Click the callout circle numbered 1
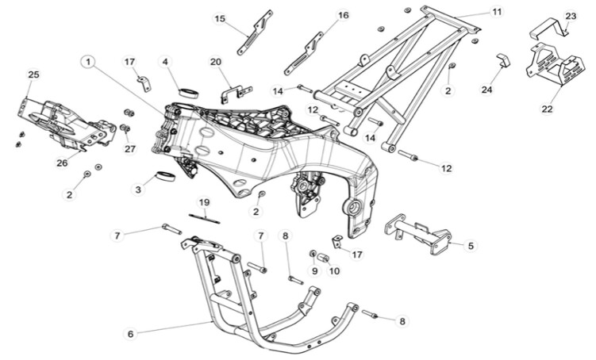click(89, 60)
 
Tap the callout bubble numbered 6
click(131, 334)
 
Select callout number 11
click(498, 12)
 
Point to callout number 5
click(471, 247)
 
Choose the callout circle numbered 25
click(33, 75)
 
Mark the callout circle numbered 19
click(204, 202)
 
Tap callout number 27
click(130, 148)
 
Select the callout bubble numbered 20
click(216, 62)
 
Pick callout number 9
click(314, 271)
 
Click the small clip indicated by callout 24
click(503, 61)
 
